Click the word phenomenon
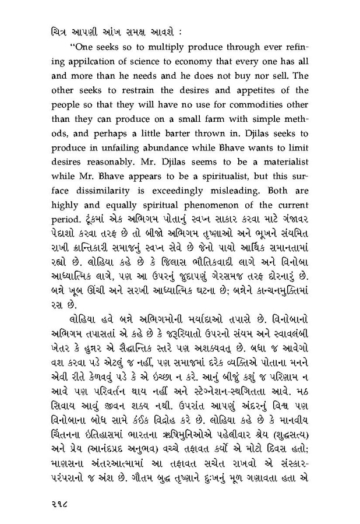(x=203, y=212)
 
